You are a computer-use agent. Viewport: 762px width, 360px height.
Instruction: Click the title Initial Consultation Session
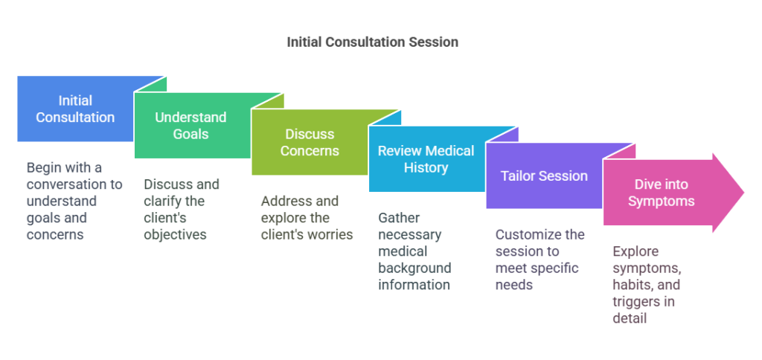point(372,42)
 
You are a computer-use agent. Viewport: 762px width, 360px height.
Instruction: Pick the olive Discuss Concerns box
point(310,142)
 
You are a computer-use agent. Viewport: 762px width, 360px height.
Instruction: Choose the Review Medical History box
point(426,159)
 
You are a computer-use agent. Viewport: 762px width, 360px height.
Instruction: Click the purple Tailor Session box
point(544,176)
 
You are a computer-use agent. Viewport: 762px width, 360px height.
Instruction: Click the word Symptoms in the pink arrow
point(661,202)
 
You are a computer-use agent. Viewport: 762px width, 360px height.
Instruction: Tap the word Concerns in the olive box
point(310,151)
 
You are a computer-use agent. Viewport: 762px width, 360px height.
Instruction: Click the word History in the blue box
point(426,167)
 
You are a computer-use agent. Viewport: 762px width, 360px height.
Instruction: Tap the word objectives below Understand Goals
point(175,235)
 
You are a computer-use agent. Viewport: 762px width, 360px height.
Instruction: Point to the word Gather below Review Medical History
point(399,218)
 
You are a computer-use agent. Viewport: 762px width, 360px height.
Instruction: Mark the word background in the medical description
point(414,269)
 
